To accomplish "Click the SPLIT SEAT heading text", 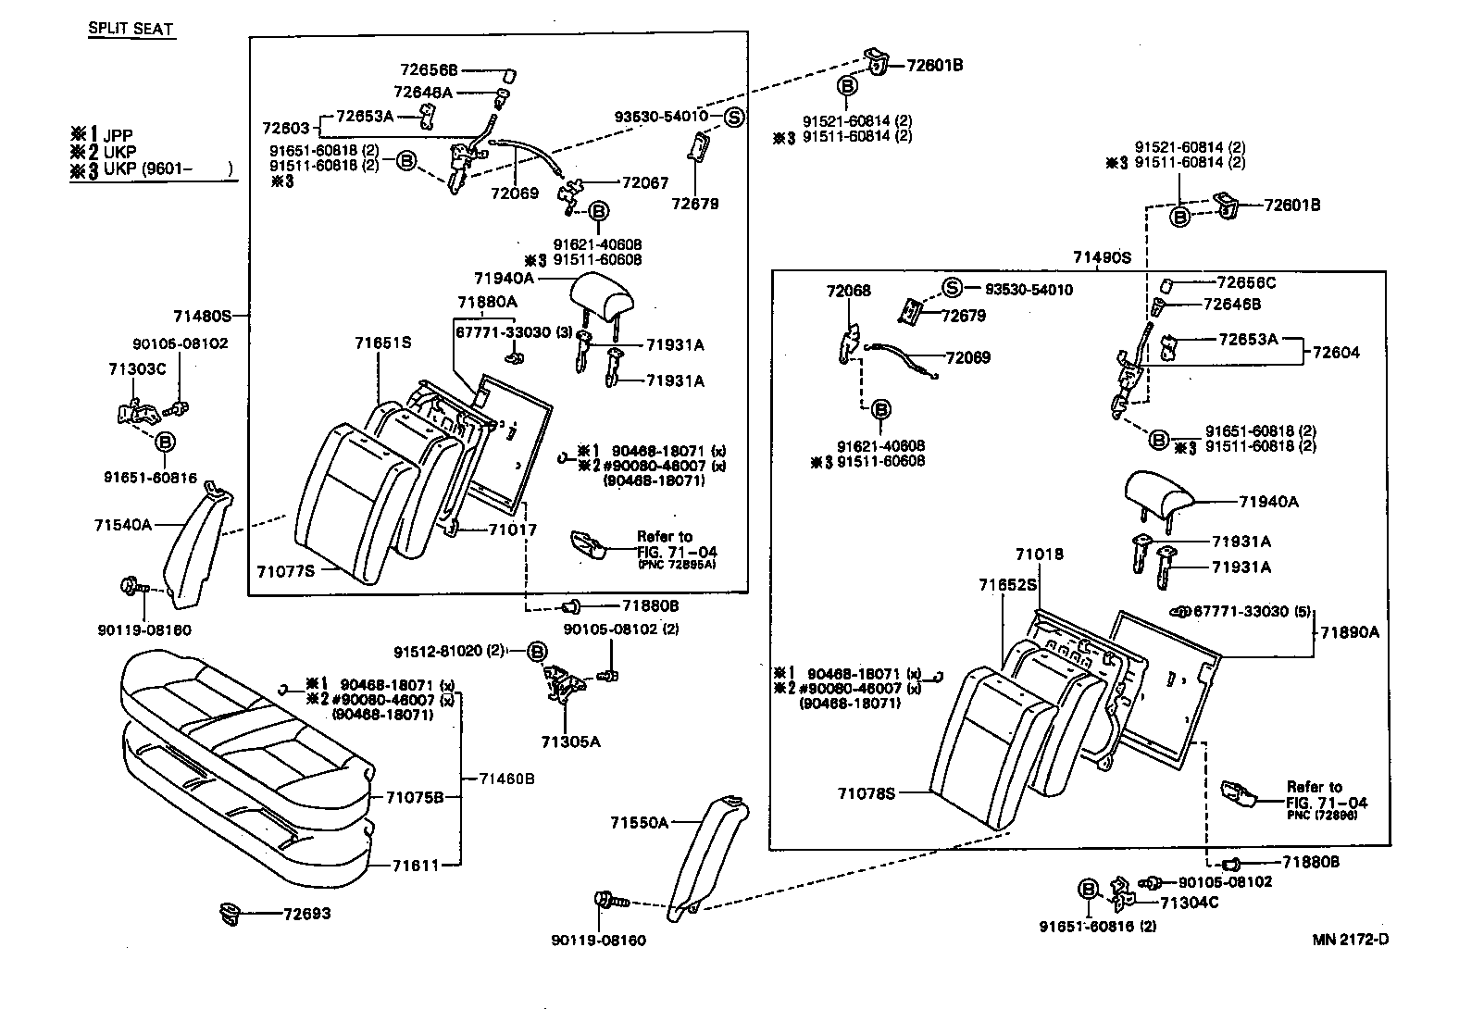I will [x=131, y=29].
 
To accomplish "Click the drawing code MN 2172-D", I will [x=1351, y=940].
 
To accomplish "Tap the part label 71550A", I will [x=639, y=822].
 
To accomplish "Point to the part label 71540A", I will [x=121, y=525].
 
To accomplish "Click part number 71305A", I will [x=571, y=742].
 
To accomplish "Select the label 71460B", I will [x=506, y=779].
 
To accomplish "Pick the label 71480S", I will [x=201, y=316].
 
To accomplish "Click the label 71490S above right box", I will [x=1102, y=257].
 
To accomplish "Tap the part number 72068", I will [x=848, y=291].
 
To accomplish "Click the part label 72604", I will [x=1336, y=353].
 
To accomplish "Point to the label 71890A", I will [x=1349, y=632].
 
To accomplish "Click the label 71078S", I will [x=867, y=793].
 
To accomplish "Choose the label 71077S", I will [x=285, y=571].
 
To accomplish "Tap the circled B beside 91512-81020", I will [x=537, y=652].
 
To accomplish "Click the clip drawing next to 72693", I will [x=229, y=914].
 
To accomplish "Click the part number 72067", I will [x=644, y=183].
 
